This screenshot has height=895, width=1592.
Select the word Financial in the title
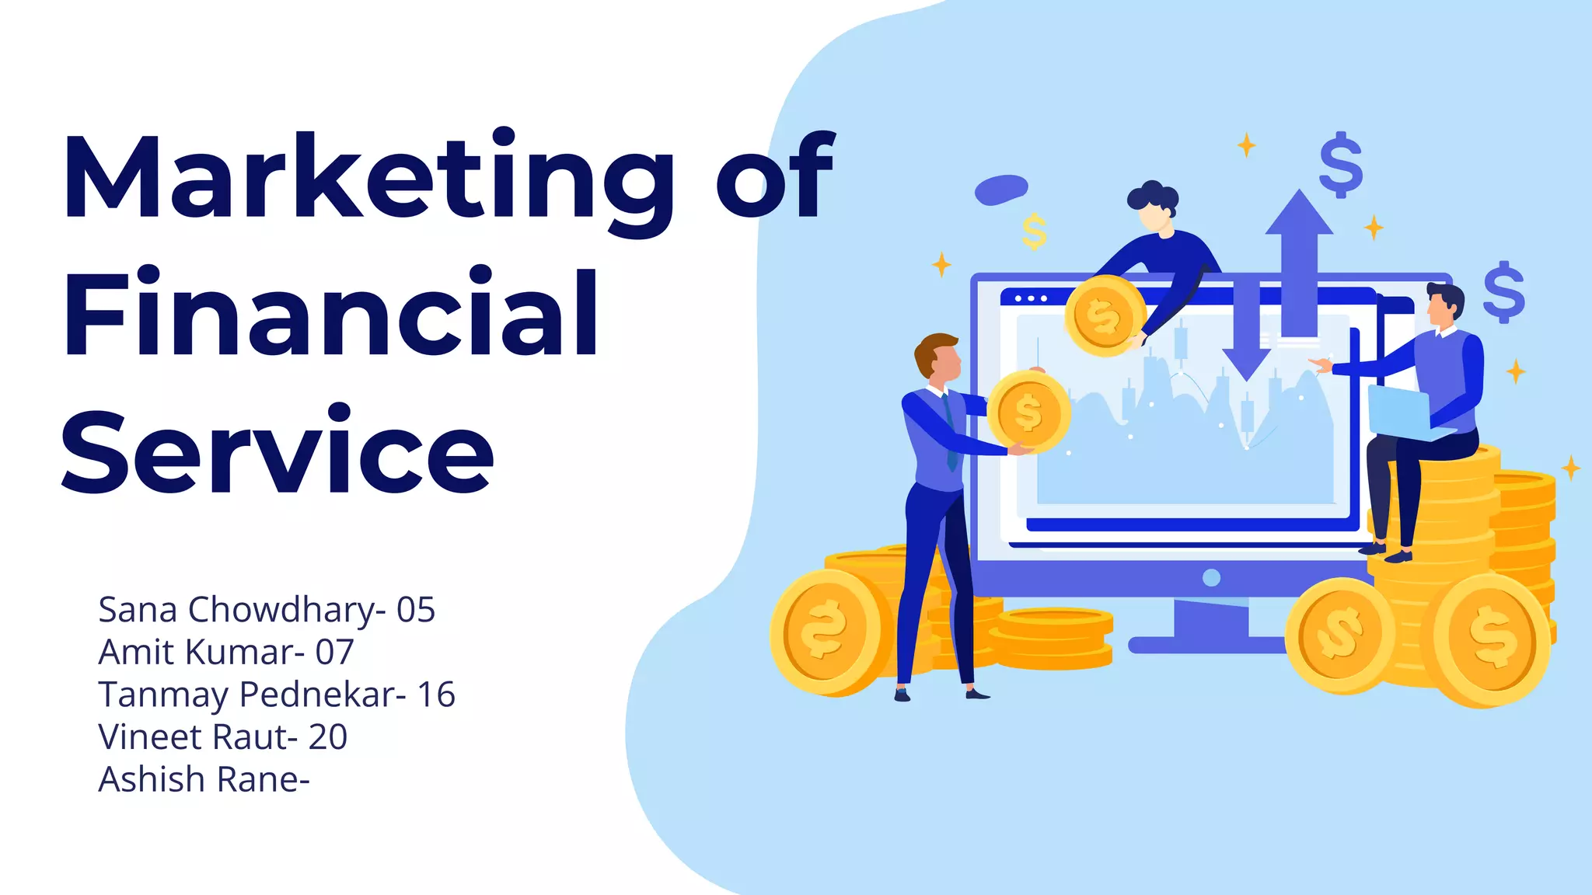[x=330, y=315]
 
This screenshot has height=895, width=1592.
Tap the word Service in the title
[x=278, y=451]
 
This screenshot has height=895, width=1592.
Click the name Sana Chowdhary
[x=236, y=610]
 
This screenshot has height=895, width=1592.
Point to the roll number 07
[x=334, y=653]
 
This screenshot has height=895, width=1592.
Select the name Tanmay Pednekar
[x=246, y=695]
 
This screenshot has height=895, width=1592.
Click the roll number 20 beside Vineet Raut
[x=327, y=737]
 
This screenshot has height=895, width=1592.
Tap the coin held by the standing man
[x=1028, y=412]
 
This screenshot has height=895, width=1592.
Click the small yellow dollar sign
[x=1034, y=232]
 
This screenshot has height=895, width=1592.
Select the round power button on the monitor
[x=1210, y=578]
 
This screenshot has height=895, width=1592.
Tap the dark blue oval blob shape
[x=1001, y=189]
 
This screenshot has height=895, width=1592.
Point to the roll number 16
[x=436, y=695]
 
